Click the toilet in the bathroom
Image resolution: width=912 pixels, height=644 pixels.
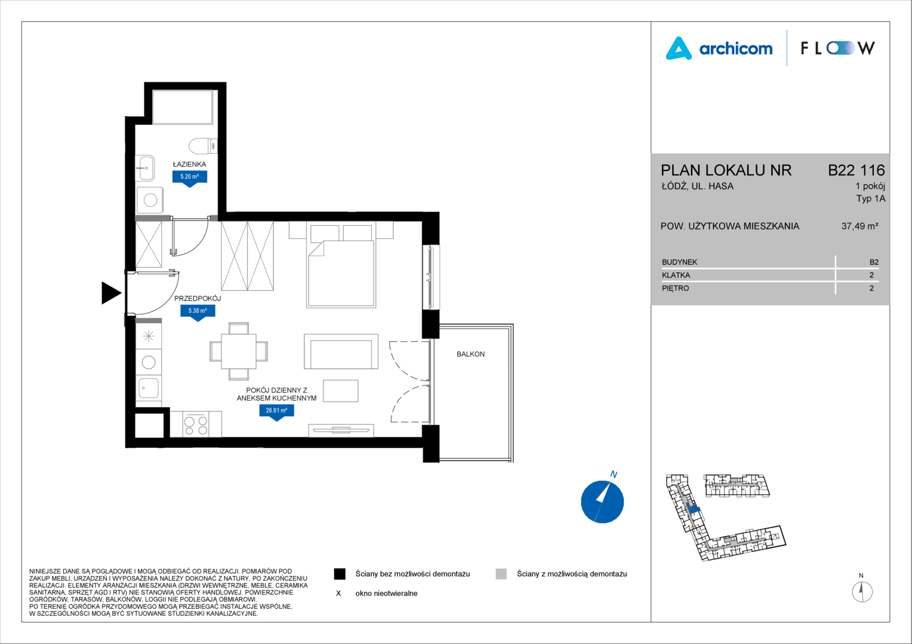(x=203, y=145)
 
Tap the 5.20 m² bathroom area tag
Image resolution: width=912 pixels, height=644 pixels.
(x=190, y=178)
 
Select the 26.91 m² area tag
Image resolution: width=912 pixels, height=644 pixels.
(x=276, y=412)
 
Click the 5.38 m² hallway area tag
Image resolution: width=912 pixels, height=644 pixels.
(x=198, y=312)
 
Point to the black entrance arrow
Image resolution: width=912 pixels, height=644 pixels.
(x=111, y=293)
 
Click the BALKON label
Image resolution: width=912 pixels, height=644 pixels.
(x=471, y=354)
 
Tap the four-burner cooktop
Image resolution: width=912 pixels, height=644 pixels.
(x=196, y=424)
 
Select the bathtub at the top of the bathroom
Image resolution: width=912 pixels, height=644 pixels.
(x=183, y=107)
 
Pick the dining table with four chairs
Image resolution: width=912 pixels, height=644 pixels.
(x=239, y=351)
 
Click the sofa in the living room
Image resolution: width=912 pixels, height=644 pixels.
(x=341, y=351)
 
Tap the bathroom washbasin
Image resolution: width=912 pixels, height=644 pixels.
(x=144, y=168)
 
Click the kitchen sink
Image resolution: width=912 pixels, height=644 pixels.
(x=149, y=388)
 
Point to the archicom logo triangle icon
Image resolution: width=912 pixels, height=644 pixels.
(x=679, y=49)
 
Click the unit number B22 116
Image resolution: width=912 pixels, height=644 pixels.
(x=856, y=170)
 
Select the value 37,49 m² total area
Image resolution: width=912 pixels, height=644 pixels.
(x=860, y=226)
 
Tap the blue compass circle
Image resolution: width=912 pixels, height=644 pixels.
(x=602, y=501)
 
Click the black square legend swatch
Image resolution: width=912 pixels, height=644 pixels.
(x=340, y=574)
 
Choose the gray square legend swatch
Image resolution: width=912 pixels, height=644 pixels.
(x=501, y=574)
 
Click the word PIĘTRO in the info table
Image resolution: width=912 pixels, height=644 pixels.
(x=676, y=289)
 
